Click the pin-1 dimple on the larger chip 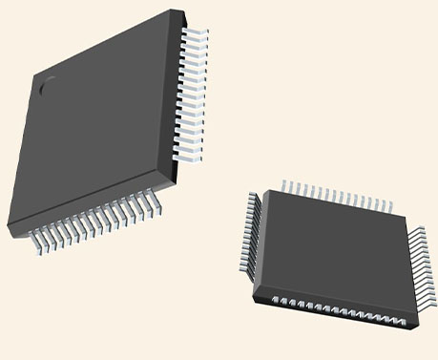pyautogui.click(x=46, y=85)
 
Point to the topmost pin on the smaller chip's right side pyautogui.click(x=417, y=230)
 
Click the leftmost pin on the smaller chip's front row pyautogui.click(x=276, y=301)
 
